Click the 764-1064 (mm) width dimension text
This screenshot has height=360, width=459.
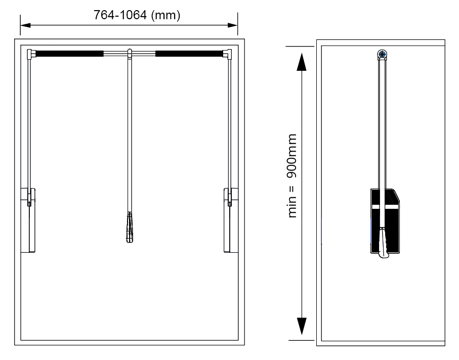point(137,15)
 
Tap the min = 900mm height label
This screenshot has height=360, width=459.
point(292,176)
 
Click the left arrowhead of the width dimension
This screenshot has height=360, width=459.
point(25,25)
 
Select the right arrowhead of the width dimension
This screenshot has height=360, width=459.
point(232,25)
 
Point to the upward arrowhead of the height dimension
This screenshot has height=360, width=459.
point(302,62)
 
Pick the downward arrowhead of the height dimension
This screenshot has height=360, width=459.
point(302,326)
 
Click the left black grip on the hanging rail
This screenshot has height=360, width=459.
point(69,54)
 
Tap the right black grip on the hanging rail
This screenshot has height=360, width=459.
point(189,54)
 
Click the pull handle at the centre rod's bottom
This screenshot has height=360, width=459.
point(130,227)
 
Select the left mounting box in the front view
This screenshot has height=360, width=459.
point(28,220)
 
